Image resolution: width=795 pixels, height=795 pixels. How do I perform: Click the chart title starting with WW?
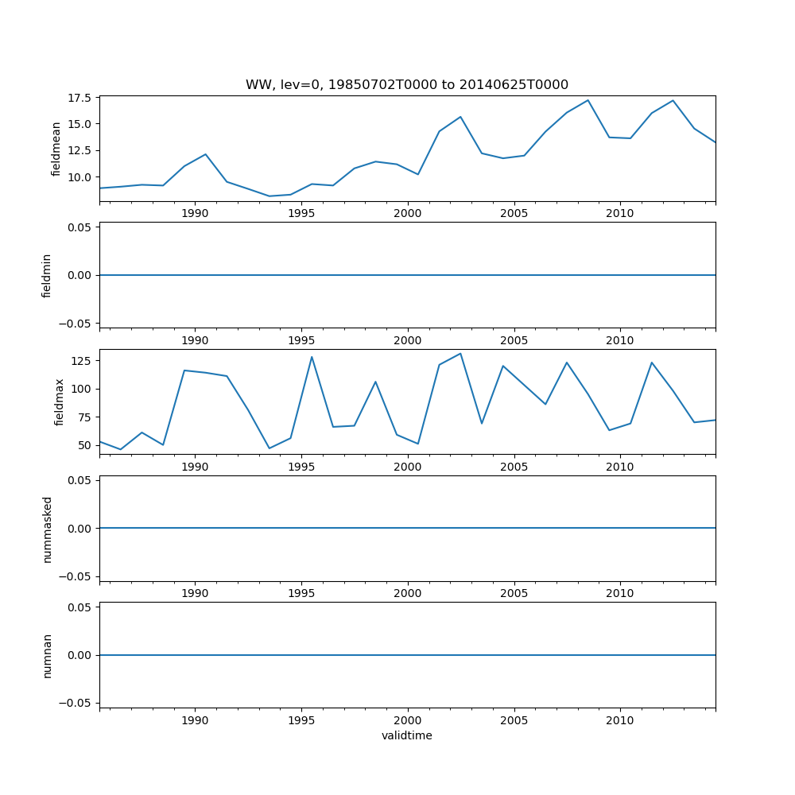coord(406,85)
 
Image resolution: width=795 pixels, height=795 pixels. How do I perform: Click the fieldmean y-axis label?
coord(56,149)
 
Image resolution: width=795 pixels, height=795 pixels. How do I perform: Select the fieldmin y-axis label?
coord(46,276)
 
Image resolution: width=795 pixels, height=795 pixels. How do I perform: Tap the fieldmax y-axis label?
coord(58,402)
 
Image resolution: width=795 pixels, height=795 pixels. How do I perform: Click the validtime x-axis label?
coord(406,735)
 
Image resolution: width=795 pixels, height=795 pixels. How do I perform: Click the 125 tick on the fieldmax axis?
coord(83,361)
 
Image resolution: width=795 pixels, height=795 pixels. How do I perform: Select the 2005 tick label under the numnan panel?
coord(514,720)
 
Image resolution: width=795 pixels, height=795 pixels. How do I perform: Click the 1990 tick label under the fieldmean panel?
coord(195,213)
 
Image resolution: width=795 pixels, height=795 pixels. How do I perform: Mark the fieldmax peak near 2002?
coord(460,354)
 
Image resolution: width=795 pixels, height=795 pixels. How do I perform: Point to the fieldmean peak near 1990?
coord(205,154)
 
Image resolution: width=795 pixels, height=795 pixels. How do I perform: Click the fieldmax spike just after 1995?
coord(312,356)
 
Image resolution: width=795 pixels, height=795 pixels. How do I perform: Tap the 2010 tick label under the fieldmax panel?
coord(620,467)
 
